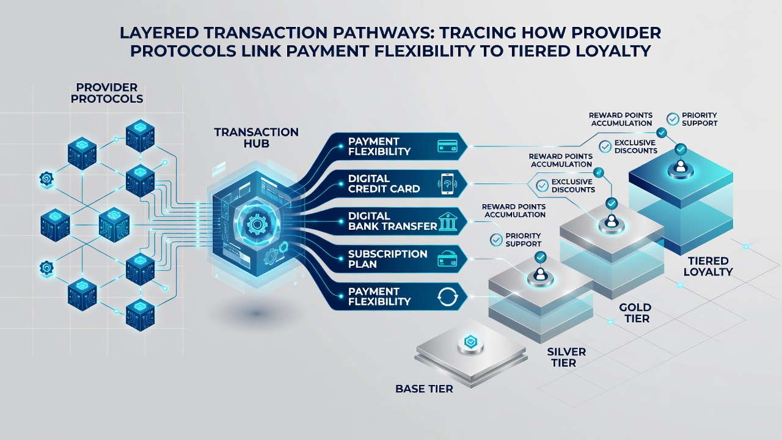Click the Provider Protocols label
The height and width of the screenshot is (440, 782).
click(x=107, y=93)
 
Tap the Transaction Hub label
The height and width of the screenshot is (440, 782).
click(x=256, y=137)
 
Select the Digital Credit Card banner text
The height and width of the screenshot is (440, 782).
click(x=384, y=184)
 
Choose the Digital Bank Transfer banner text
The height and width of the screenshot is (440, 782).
click(x=392, y=221)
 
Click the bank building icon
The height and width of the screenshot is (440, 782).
click(x=447, y=221)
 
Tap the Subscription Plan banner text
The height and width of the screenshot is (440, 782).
click(x=387, y=258)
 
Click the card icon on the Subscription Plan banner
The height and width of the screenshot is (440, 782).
click(x=447, y=259)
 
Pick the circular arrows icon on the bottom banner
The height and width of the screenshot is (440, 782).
click(x=447, y=297)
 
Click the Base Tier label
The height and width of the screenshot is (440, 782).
click(x=424, y=389)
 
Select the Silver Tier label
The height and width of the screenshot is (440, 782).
click(x=566, y=358)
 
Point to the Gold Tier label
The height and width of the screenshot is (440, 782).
click(x=635, y=313)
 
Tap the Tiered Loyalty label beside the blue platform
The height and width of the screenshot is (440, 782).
click(x=707, y=266)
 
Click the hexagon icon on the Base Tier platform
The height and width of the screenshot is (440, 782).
click(x=470, y=342)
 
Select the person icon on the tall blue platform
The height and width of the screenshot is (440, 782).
click(x=681, y=166)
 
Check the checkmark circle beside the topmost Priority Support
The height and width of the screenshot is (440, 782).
click(x=673, y=119)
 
